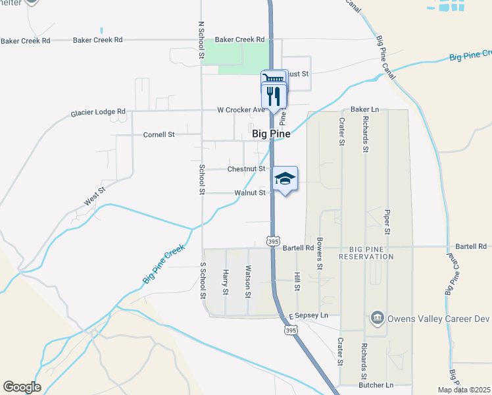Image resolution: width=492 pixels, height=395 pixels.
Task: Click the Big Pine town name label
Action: click(271, 134)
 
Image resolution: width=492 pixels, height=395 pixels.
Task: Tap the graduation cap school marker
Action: click(284, 178)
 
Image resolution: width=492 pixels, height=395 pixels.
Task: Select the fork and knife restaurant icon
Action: click(274, 96)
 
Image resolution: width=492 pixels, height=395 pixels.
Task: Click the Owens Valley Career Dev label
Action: click(439, 319)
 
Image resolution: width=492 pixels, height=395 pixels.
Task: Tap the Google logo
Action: click(22, 387)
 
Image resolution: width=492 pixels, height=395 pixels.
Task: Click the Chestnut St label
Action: click(246, 169)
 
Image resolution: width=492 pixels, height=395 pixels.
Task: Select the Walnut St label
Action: click(250, 193)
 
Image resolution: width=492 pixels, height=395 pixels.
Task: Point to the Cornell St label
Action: click(159, 134)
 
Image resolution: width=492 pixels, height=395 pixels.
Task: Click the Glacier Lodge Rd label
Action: click(98, 113)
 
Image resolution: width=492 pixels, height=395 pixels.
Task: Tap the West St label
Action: click(95, 197)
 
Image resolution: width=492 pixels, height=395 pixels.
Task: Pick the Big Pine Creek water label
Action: click(163, 265)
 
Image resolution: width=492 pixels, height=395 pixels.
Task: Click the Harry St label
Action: click(225, 282)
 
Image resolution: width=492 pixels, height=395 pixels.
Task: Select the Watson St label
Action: click(248, 280)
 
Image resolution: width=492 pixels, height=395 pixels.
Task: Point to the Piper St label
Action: click(387, 223)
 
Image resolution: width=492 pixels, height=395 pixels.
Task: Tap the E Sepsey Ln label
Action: click(308, 316)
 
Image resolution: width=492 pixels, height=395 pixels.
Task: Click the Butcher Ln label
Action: click(376, 384)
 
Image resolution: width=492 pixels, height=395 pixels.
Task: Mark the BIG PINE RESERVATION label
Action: click(371, 252)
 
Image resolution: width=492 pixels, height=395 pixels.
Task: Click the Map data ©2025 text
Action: click(464, 390)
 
